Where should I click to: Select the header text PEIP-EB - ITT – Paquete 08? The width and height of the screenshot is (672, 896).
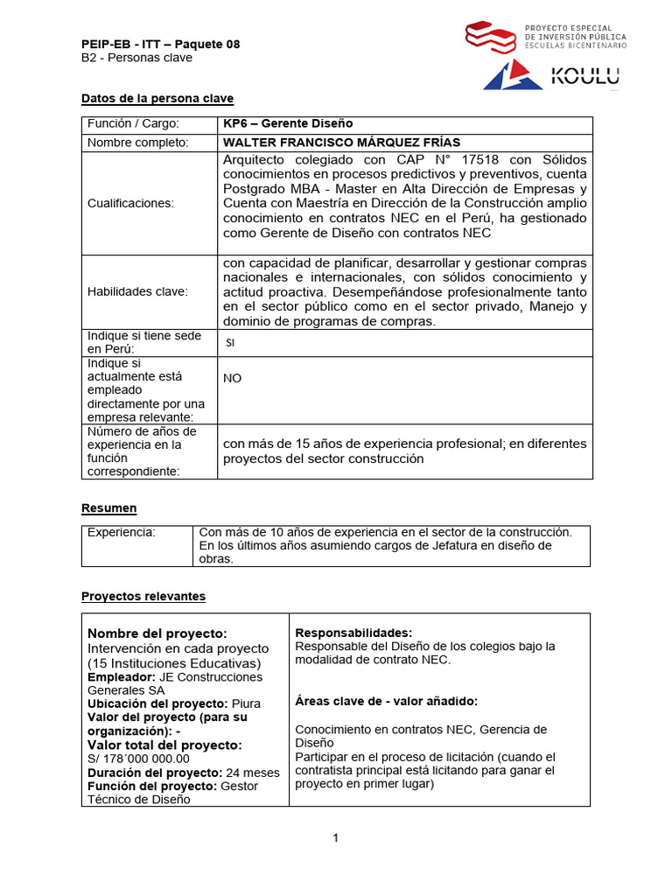pos(160,44)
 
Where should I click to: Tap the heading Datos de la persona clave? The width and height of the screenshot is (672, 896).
pos(157,98)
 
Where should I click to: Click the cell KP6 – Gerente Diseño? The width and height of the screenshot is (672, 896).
pos(276,124)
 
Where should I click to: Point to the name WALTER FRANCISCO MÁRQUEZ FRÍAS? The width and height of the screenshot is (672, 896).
pos(341,143)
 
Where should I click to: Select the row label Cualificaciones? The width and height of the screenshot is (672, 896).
pos(130,203)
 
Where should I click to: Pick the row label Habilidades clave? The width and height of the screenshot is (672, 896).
pos(137,291)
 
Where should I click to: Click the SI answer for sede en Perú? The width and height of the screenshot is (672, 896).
pos(230,343)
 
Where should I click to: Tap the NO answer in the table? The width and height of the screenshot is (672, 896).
pos(233,378)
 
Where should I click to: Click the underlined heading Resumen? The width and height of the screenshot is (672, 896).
pos(109,507)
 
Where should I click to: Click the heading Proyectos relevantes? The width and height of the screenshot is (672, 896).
pos(143,596)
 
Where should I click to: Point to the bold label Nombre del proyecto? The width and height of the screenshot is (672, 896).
pos(157,633)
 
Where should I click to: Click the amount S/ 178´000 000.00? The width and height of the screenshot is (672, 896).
pos(138,759)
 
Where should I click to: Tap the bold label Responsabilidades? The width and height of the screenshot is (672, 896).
pos(353,633)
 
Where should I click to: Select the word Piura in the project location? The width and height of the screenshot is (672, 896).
pos(246,703)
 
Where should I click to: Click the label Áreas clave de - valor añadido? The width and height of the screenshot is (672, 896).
pos(386,701)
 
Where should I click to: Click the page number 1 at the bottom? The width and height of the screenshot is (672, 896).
pos(335,838)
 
